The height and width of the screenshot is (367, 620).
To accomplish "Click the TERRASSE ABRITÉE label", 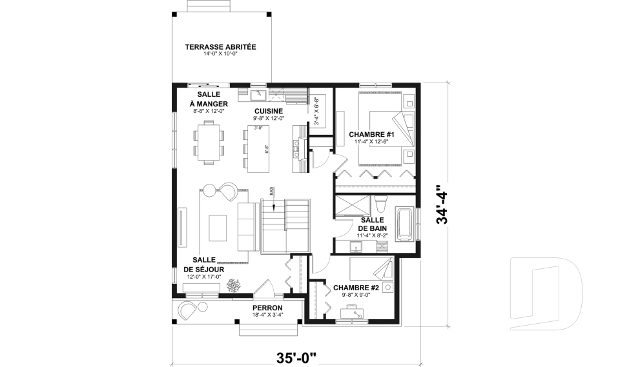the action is coord(220,47).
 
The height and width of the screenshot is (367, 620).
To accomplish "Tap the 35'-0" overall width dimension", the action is coord(296,358).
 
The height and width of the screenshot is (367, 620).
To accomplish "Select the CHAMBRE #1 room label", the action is coord(371,135).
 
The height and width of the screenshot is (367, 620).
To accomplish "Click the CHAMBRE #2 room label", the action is coord(356,288).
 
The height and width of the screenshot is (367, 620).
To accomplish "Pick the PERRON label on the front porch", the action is coord(267,308).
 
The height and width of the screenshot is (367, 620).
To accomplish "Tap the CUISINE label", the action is coord(269,112).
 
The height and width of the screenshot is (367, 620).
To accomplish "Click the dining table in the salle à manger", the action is coord(209,143).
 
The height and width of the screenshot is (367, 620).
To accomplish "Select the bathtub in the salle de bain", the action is coord(406,225).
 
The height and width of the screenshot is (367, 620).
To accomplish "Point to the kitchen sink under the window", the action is coord(259,95).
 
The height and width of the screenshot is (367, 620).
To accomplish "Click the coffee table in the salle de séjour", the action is coord(218,228).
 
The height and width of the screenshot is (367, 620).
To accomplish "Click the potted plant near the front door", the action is coord(233,285).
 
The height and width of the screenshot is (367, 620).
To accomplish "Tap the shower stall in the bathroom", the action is coord(353,205).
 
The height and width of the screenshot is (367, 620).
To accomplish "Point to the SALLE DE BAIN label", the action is coord(373,224).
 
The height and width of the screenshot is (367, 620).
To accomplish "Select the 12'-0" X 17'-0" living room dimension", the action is coord(204,277).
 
